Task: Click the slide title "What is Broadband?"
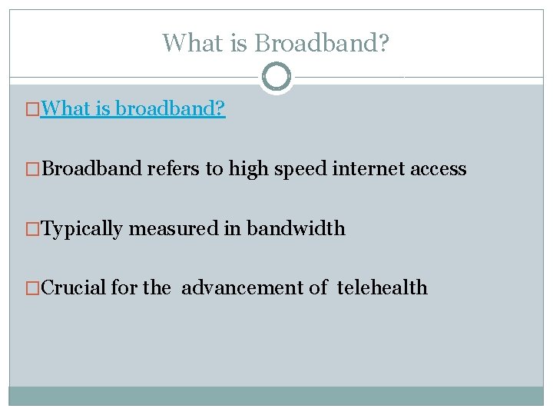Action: (276, 43)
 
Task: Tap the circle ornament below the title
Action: (276, 77)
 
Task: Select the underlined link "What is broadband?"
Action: (133, 108)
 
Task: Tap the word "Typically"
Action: (81, 228)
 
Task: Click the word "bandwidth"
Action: (296, 228)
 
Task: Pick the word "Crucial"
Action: (75, 288)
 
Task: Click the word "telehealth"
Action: (382, 288)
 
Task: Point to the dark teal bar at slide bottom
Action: (276, 396)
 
